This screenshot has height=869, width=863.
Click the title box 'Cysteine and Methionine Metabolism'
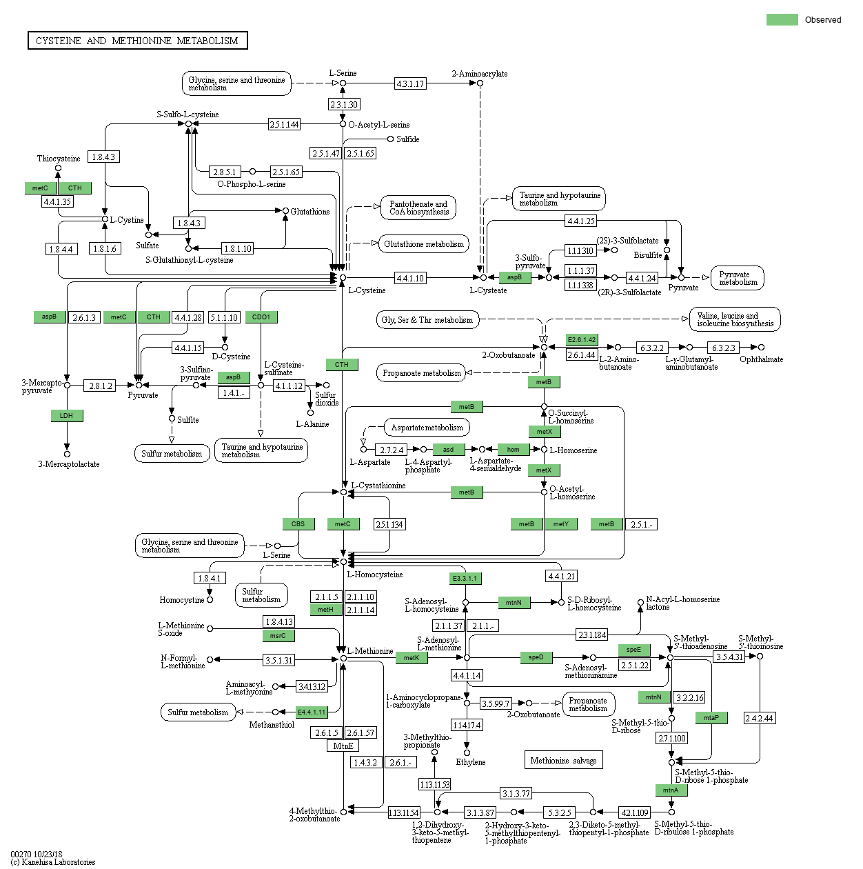(137, 41)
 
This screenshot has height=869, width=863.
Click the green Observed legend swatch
(782, 20)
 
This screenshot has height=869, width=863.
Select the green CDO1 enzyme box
(261, 317)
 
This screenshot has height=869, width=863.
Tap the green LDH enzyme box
(67, 416)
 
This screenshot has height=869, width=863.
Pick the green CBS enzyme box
(298, 524)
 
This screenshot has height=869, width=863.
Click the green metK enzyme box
(412, 658)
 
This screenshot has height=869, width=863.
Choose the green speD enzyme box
(536, 657)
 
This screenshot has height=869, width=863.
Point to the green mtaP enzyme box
(711, 718)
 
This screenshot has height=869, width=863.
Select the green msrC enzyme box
(278, 636)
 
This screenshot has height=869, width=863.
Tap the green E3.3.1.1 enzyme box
(465, 578)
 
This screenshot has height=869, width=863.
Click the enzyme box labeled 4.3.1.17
(410, 83)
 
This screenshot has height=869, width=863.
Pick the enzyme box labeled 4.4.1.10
(410, 278)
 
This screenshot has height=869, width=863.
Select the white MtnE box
(343, 746)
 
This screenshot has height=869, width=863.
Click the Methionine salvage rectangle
(563, 760)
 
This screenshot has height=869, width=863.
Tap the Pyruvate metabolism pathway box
(738, 278)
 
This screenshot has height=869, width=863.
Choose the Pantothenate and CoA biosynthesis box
(418, 208)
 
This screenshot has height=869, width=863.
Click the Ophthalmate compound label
(761, 359)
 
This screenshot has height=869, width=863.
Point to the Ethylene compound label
(470, 762)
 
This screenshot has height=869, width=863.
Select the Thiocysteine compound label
(59, 159)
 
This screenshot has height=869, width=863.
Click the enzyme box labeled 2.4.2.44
(760, 718)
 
